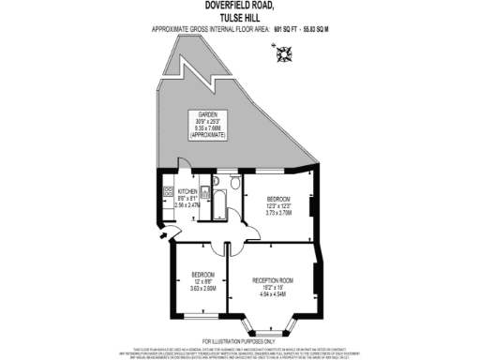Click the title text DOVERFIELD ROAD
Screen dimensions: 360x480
(x=239, y=6)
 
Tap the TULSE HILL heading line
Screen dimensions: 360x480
(x=239, y=16)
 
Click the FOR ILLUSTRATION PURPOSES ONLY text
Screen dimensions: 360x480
(x=240, y=340)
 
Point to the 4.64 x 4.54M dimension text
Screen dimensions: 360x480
(x=275, y=295)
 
